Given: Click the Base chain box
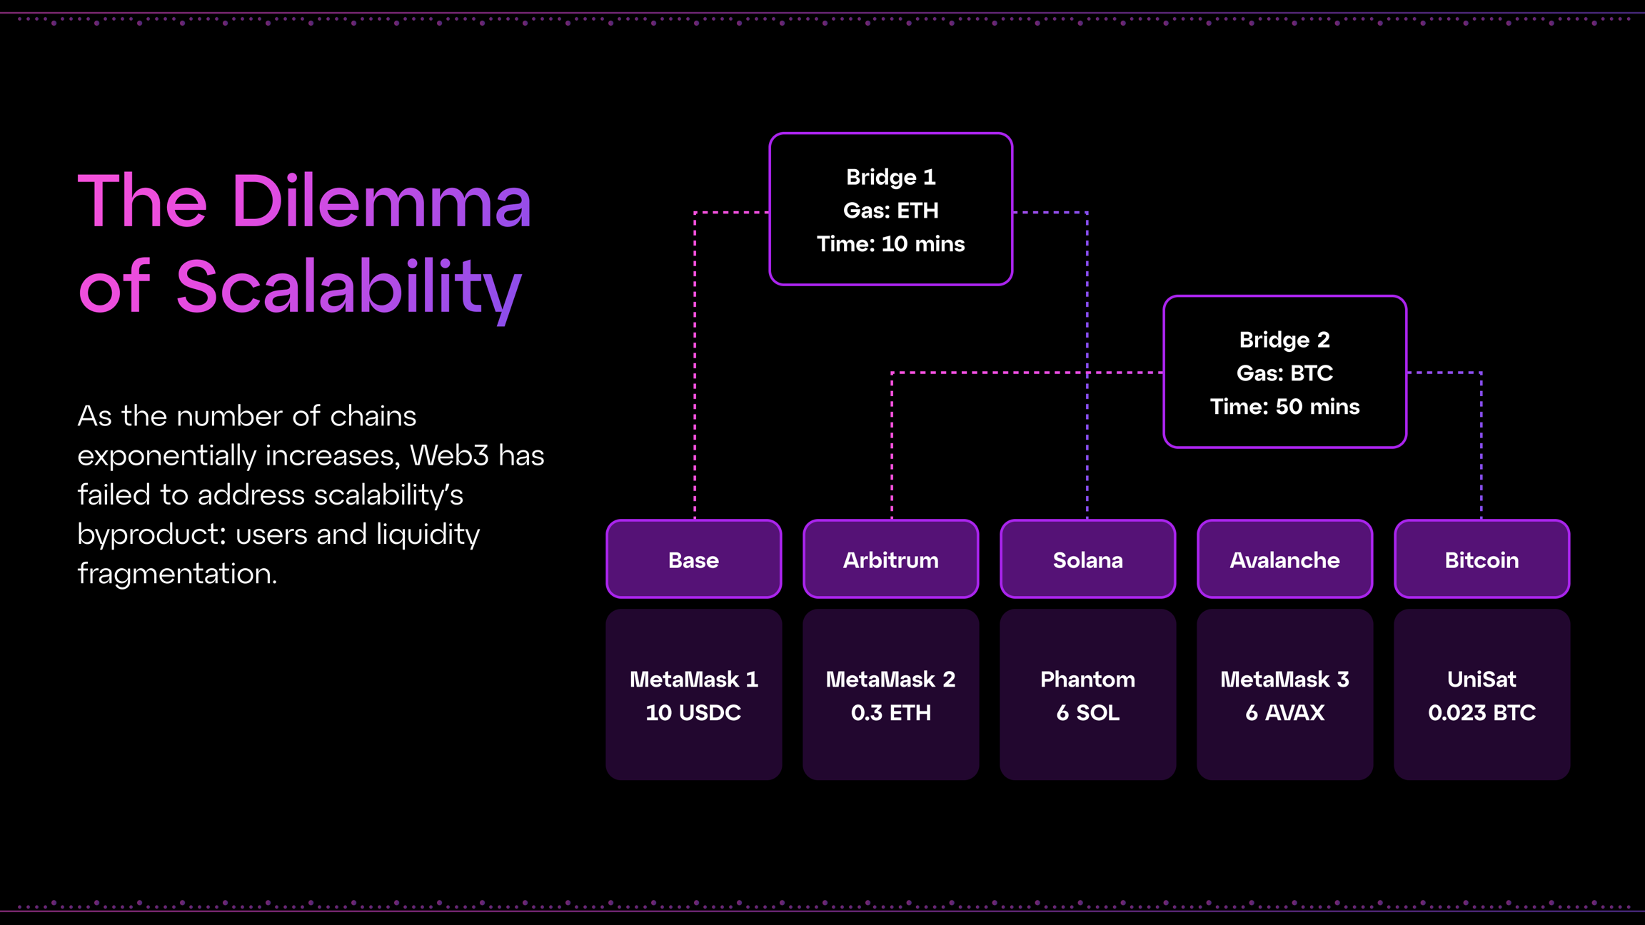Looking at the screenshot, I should click(693, 560).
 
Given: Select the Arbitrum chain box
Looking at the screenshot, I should click(890, 560).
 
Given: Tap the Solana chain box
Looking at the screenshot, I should click(1087, 560).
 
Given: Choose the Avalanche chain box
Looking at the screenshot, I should click(1284, 560).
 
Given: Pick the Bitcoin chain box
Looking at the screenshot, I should click(1481, 560).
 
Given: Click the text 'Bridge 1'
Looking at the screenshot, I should click(890, 177).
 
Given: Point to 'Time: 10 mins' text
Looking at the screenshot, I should click(890, 244).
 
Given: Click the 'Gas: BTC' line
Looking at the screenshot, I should click(1284, 373).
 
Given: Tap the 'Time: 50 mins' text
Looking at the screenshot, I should click(1284, 407).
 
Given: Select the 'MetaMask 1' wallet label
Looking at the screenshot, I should click(693, 679).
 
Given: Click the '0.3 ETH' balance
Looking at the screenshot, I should click(890, 713).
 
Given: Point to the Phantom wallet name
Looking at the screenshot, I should click(1087, 679).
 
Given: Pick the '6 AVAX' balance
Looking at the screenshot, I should click(1284, 713).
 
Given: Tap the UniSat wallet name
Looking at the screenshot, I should click(1481, 679).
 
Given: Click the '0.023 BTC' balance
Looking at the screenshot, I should click(1481, 713).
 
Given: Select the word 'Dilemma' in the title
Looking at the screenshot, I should click(381, 202).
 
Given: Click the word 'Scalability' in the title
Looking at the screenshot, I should click(348, 288).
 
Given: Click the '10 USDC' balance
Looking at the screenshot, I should click(693, 713).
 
